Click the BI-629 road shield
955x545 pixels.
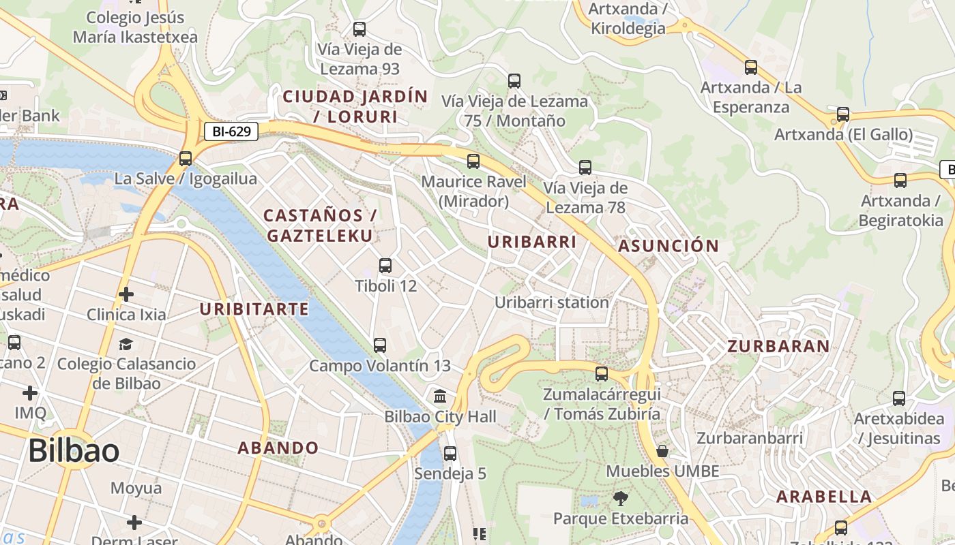[231, 131]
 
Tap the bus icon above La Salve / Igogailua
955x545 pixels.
[186, 159]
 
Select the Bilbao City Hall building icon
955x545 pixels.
[440, 395]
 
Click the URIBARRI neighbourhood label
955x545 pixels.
[532, 242]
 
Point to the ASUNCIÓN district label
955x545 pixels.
[668, 246]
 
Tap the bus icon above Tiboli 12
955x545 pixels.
[385, 266]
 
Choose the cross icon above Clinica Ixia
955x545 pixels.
[126, 294]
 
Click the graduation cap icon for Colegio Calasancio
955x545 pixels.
[126, 343]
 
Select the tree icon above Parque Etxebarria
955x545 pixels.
[620, 499]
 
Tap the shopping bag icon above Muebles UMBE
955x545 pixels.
[662, 451]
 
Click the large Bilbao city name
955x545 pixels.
[74, 451]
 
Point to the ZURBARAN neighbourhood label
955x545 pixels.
[778, 346]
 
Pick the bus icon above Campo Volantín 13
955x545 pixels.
[380, 345]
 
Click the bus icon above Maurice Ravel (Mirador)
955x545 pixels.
[473, 161]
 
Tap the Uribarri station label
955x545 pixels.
[552, 302]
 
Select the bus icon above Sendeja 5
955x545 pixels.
[450, 453]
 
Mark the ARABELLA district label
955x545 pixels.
[824, 497]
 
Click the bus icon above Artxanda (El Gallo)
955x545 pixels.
[843, 114]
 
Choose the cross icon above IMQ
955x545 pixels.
[30, 393]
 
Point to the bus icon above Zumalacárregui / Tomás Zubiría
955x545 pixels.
[602, 374]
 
